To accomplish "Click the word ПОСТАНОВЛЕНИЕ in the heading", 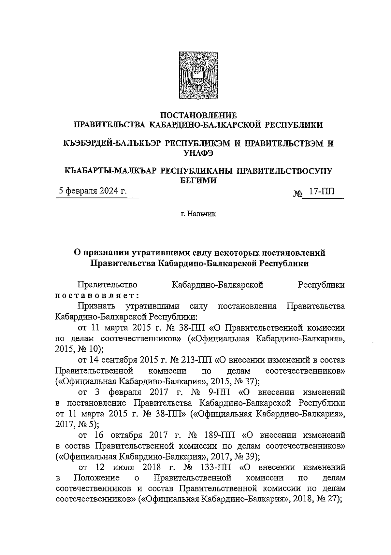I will tap(199, 115).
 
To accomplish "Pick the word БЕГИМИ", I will tap(199, 180).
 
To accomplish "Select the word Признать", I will tap(97, 306).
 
